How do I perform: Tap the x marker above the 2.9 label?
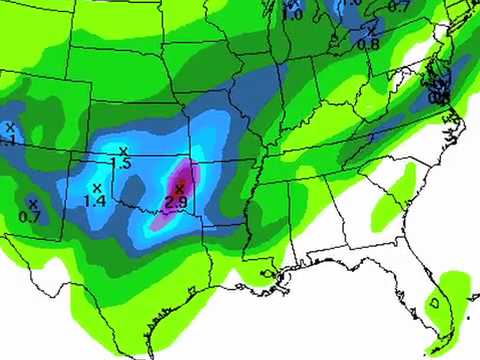[179, 188]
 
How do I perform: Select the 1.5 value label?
[122, 164]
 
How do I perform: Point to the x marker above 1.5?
[123, 151]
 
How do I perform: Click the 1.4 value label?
[96, 201]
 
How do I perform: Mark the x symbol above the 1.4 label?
[97, 188]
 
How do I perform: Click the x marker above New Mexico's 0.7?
[32, 204]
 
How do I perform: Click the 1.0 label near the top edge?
[293, 14]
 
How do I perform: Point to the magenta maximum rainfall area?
[184, 180]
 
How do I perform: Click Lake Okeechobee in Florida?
[434, 299]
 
